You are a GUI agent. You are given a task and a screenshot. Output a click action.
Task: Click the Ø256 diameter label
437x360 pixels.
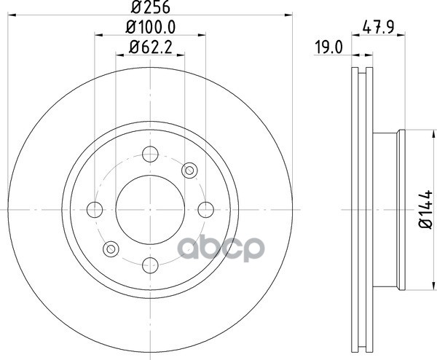click(x=150, y=7)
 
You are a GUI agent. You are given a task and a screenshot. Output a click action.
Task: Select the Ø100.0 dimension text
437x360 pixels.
click(x=151, y=27)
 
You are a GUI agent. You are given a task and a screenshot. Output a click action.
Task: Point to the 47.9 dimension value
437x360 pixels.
click(x=378, y=27)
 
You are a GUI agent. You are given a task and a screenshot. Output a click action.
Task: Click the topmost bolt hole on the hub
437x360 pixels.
click(x=150, y=154)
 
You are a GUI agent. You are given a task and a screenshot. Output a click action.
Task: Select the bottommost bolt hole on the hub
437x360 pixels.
click(x=150, y=265)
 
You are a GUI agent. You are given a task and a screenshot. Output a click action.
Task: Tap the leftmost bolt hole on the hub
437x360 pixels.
click(x=95, y=209)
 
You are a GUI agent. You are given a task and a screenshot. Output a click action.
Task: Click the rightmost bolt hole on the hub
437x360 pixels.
click(x=206, y=209)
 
